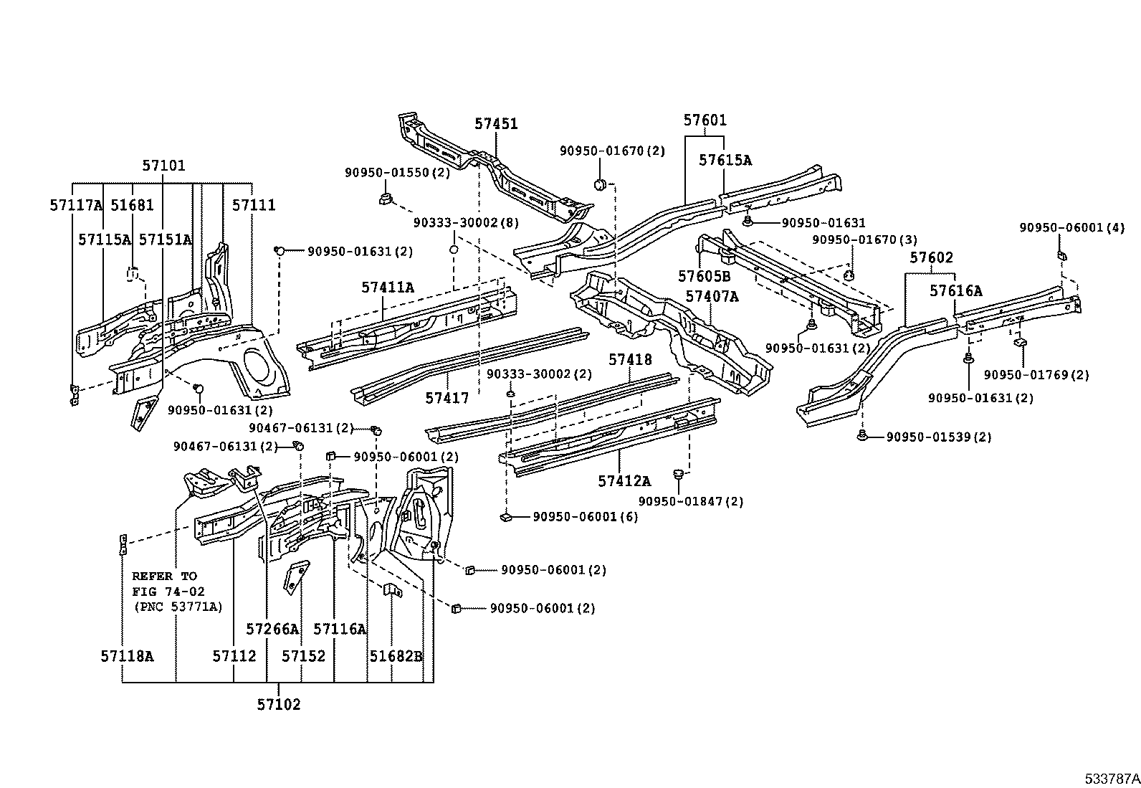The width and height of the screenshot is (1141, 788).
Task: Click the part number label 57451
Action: [x=496, y=124]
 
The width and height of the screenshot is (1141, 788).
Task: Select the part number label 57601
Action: [x=705, y=120]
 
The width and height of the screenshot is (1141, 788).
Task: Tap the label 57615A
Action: [x=725, y=161]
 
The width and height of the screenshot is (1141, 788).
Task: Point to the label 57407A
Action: [x=712, y=296]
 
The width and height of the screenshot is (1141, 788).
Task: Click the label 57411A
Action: [x=388, y=288]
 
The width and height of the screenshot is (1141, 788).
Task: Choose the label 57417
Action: [x=447, y=398]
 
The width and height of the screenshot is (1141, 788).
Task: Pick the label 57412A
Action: [x=625, y=482]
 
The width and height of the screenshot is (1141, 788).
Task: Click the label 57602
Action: [x=932, y=258]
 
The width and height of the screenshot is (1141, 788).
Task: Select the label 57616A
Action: [x=956, y=291]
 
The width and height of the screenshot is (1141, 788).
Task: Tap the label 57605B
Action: [x=705, y=276]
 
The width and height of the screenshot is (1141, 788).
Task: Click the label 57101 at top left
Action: [x=163, y=166]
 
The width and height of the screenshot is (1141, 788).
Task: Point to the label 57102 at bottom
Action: [x=279, y=705]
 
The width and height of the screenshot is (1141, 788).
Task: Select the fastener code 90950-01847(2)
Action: [x=691, y=502]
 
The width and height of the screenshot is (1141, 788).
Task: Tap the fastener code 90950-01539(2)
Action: [x=939, y=437]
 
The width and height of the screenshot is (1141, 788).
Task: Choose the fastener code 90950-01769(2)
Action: [x=1036, y=375]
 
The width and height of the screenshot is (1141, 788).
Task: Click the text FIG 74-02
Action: [x=168, y=592]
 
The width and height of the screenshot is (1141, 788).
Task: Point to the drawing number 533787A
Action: [x=1111, y=778]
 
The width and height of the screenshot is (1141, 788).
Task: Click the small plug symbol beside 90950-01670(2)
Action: [x=601, y=186]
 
